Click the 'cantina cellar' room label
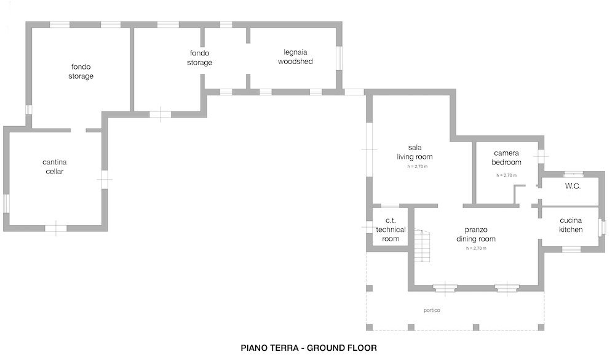pyautogui.click(x=55, y=167)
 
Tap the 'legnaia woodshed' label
pyautogui.click(x=295, y=57)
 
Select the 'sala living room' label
pyautogui.click(x=415, y=153)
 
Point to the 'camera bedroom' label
pyautogui.click(x=506, y=158)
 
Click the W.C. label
pyautogui.click(x=573, y=186)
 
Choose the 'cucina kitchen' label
pyautogui.click(x=571, y=225)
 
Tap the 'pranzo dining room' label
pyautogui.click(x=476, y=234)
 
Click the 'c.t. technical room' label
pyautogui.click(x=391, y=230)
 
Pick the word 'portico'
pyautogui.click(x=432, y=310)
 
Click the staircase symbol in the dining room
pyautogui.click(x=423, y=246)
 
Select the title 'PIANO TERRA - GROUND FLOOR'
pyautogui.click(x=309, y=348)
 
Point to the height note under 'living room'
pyautogui.click(x=418, y=166)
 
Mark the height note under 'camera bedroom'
pyautogui.click(x=506, y=175)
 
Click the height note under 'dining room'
pyautogui.click(x=476, y=249)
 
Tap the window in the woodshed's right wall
pyautogui.click(x=339, y=58)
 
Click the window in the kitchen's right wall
pyautogui.click(x=601, y=228)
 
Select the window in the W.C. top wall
pyautogui.click(x=573, y=174)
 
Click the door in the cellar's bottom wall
pyautogui.click(x=56, y=228)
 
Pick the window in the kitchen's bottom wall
pyautogui.click(x=571, y=249)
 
